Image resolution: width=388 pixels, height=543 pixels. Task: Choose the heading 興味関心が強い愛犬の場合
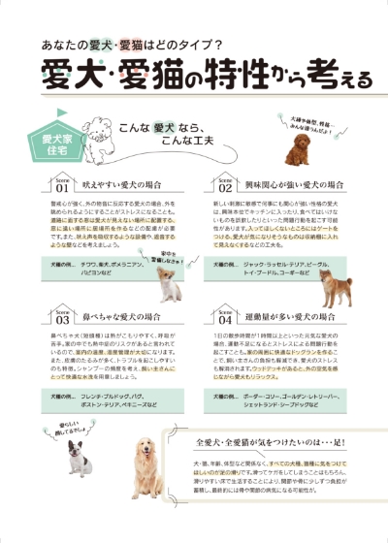coord(295,183)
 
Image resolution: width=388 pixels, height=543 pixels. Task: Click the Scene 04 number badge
coord(224,317)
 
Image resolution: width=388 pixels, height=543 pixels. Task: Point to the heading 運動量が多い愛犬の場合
coord(290,316)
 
